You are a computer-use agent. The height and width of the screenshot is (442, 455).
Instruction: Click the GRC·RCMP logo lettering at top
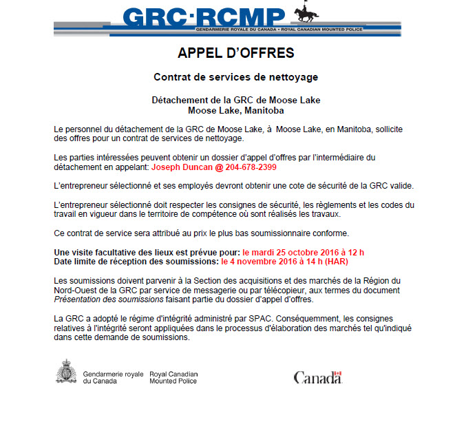coord(204,16)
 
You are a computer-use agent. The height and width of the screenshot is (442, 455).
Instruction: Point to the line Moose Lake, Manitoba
coord(235,109)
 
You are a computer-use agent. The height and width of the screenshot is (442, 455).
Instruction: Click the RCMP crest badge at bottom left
coord(66,371)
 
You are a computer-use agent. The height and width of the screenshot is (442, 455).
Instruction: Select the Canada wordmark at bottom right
coord(317,377)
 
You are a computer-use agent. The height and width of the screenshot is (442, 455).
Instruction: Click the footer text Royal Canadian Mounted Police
coord(172,377)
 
